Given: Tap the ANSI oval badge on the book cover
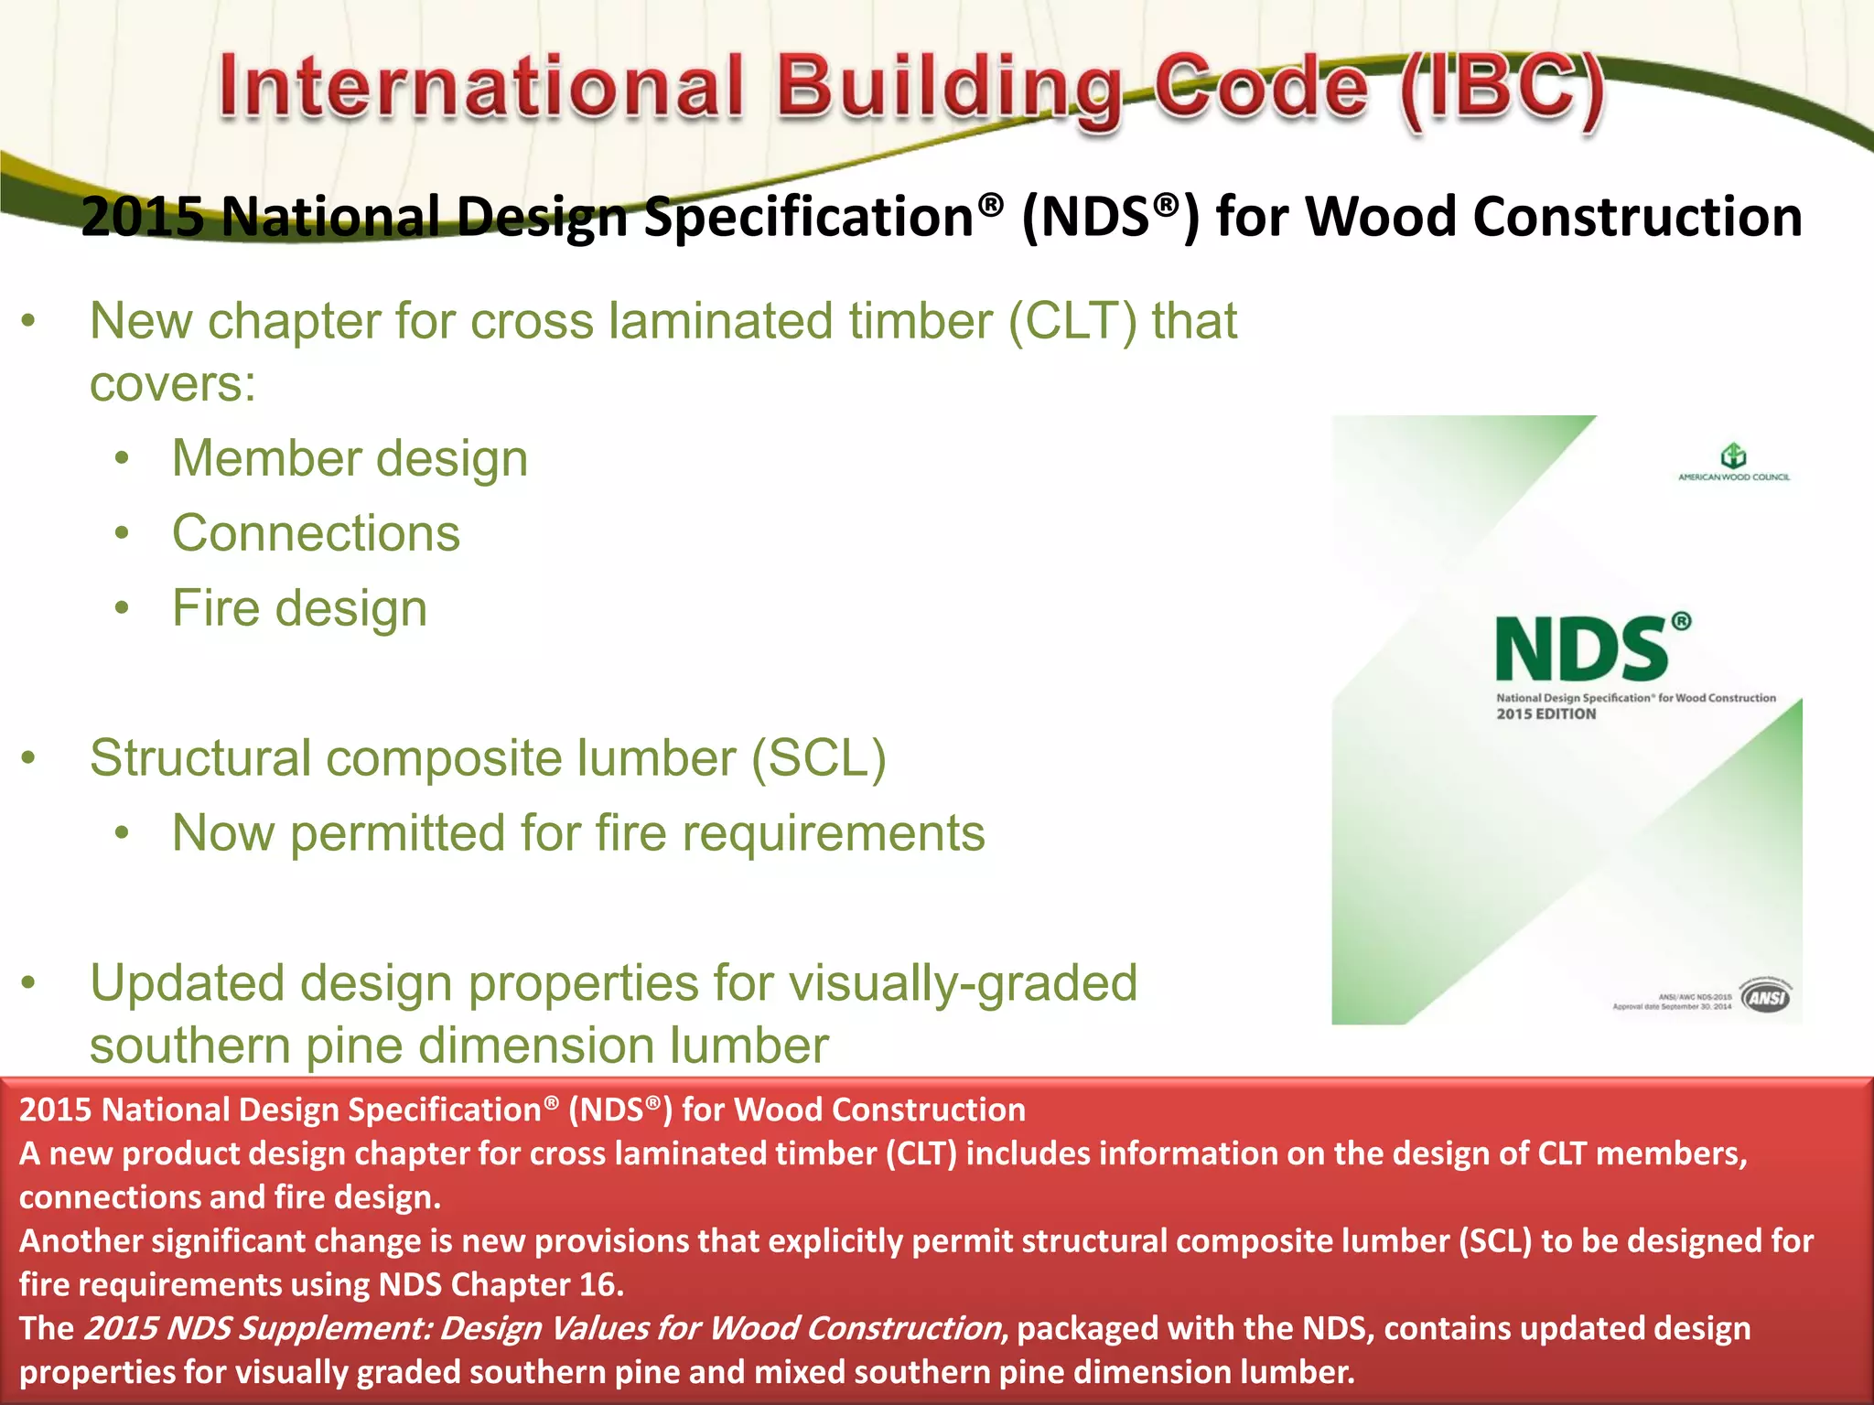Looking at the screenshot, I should coord(1766,996).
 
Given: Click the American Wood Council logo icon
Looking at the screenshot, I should coord(1733,455).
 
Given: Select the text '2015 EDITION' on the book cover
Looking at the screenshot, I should coord(1546,714).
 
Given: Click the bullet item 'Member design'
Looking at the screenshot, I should coord(350,458).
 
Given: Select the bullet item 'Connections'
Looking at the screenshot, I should coord(316,533).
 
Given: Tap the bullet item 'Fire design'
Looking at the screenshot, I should coord(299,608).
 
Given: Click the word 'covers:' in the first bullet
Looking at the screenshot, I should coord(173,383).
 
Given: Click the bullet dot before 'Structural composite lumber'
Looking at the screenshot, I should coord(29,758).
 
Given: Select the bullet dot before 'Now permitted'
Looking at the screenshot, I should coord(123,833).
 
